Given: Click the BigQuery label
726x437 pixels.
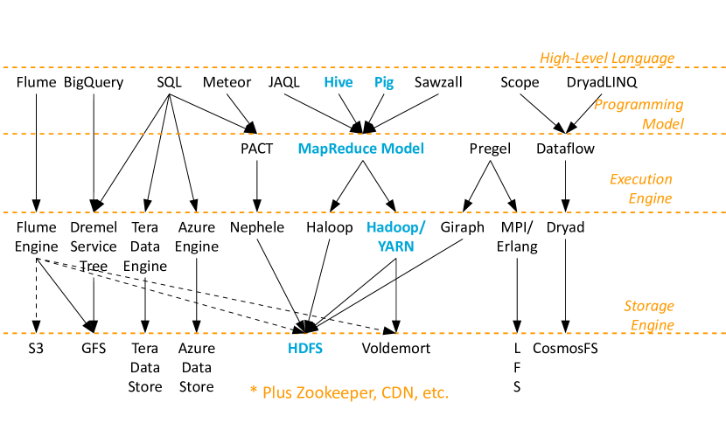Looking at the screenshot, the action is pyautogui.click(x=94, y=82).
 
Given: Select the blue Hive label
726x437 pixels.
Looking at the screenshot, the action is pyautogui.click(x=339, y=82).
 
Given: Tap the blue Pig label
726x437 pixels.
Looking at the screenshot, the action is pyautogui.click(x=384, y=82).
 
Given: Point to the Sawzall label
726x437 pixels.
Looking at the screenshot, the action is pyautogui.click(x=438, y=82).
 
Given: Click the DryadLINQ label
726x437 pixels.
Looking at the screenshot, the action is pyautogui.click(x=602, y=82).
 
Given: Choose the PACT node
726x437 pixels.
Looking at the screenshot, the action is pyautogui.click(x=256, y=149).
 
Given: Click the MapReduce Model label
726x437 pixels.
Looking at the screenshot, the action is pyautogui.click(x=361, y=149).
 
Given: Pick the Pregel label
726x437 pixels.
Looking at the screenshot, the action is pyautogui.click(x=490, y=149).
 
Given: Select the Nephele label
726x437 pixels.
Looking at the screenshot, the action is pyautogui.click(x=257, y=227).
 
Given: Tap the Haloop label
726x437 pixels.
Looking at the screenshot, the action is pyautogui.click(x=330, y=227).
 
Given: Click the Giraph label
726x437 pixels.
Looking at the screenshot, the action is pyautogui.click(x=462, y=227).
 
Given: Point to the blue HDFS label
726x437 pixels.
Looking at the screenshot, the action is pyautogui.click(x=305, y=348).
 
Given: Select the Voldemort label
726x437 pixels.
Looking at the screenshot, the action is pyautogui.click(x=396, y=348).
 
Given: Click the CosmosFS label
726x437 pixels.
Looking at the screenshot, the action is pyautogui.click(x=565, y=348).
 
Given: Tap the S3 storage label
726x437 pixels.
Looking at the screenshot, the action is pyautogui.click(x=36, y=348).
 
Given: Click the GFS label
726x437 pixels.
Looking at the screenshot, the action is pyautogui.click(x=94, y=348).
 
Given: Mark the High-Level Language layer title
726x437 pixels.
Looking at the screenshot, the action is pyautogui.click(x=607, y=59).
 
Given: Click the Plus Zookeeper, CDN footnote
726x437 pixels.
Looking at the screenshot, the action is pyautogui.click(x=350, y=392).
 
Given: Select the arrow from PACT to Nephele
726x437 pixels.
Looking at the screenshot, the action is pyautogui.click(x=257, y=186).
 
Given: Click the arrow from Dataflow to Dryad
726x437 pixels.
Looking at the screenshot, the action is pyautogui.click(x=565, y=186).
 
